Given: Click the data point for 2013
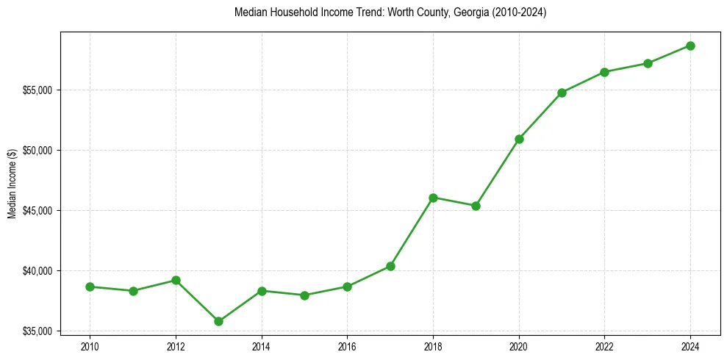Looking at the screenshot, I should pyautogui.click(x=218, y=321).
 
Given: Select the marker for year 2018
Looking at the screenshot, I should pyautogui.click(x=433, y=198).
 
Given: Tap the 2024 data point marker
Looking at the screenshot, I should pyautogui.click(x=690, y=46).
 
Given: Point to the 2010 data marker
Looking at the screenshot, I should pyautogui.click(x=90, y=287).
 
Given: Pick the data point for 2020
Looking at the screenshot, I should pyautogui.click(x=519, y=139).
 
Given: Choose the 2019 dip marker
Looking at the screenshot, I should pyautogui.click(x=476, y=206).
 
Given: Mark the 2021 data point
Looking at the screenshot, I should pyautogui.click(x=562, y=93).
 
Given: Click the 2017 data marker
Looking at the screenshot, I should pyautogui.click(x=390, y=266).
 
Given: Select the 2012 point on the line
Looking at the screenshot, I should pyautogui.click(x=176, y=280).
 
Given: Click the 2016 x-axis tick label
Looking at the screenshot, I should pyautogui.click(x=347, y=345).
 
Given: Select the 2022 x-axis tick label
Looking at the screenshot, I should pyautogui.click(x=604, y=345).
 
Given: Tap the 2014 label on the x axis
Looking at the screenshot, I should pyautogui.click(x=261, y=345).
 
